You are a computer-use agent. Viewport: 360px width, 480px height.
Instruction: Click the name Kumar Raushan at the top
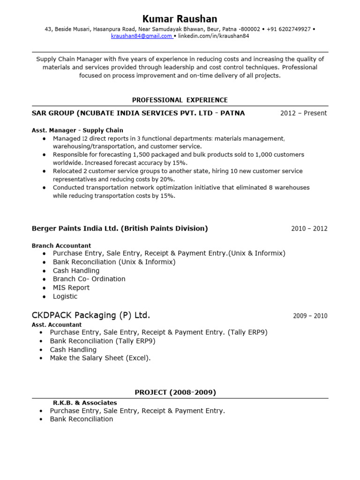180,19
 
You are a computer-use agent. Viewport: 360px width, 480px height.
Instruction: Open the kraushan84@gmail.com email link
141,36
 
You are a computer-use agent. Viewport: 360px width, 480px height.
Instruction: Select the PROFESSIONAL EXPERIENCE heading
180,100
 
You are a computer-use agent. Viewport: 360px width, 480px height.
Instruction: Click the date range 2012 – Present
303,113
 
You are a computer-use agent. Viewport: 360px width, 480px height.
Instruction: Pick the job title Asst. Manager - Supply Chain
77,130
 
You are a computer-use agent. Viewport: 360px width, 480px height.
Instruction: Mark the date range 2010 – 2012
309,229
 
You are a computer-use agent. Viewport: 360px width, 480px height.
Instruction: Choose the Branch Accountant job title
61,246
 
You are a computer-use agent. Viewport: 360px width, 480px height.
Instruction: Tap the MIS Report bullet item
71,288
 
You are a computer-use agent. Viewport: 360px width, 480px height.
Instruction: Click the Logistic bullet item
65,296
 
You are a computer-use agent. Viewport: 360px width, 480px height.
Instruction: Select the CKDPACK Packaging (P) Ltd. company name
91,315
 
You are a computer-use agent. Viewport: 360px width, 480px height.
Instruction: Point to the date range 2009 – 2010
310,316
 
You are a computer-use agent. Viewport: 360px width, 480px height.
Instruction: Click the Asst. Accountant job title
57,324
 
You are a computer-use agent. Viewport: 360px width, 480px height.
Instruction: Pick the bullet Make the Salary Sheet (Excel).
100,358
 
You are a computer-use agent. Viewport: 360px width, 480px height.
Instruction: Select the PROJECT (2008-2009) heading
175,392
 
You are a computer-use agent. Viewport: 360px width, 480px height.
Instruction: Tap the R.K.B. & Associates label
85,403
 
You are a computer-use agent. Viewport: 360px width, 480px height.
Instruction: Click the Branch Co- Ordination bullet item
89,279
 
